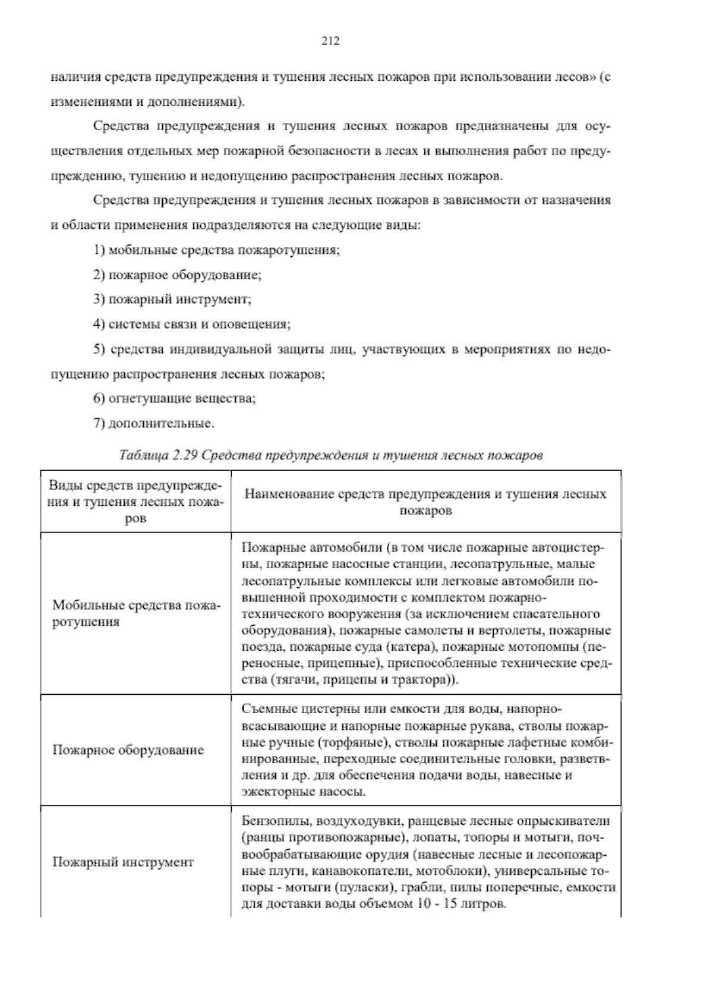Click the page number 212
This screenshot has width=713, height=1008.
point(330,40)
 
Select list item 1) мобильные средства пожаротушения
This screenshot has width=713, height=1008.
point(216,250)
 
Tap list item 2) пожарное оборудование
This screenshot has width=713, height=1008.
point(177,275)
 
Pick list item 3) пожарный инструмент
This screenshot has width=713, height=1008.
point(172,300)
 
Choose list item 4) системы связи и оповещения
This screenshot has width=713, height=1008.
point(191,325)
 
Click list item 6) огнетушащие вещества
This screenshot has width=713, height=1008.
point(174,399)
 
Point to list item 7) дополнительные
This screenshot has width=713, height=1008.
point(153,424)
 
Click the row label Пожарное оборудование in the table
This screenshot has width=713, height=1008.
point(128,750)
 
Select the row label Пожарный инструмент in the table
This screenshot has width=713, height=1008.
point(123,862)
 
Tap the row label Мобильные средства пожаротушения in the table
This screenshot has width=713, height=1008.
point(135,614)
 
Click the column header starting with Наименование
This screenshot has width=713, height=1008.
point(425,502)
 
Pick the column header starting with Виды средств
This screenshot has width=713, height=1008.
point(135,502)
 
